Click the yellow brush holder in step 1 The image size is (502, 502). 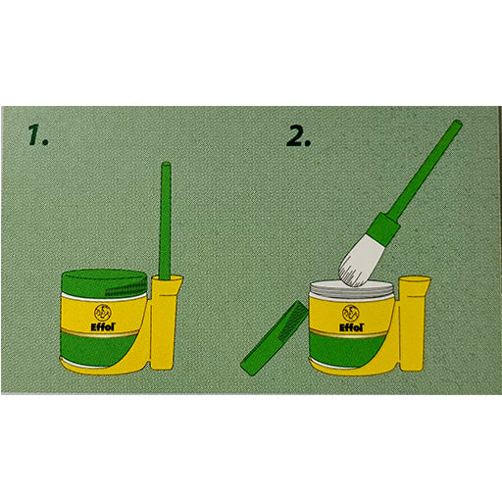point(165,328)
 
